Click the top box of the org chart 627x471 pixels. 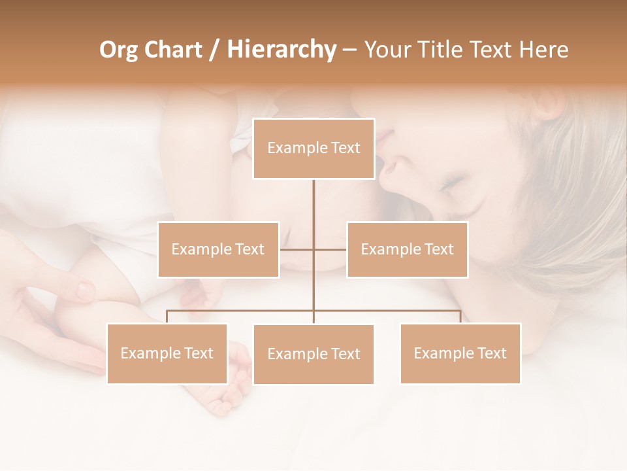click(x=313, y=148)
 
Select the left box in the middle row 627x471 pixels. click(x=218, y=249)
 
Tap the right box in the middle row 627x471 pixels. click(x=407, y=249)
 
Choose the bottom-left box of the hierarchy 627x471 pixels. click(x=167, y=353)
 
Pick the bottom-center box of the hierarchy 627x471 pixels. click(x=313, y=355)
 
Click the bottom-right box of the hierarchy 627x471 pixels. click(x=460, y=353)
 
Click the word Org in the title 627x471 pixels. click(x=118, y=50)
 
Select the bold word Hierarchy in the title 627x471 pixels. click(x=281, y=50)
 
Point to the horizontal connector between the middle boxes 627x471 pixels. click(x=313, y=249)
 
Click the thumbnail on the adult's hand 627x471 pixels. click(x=86, y=289)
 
